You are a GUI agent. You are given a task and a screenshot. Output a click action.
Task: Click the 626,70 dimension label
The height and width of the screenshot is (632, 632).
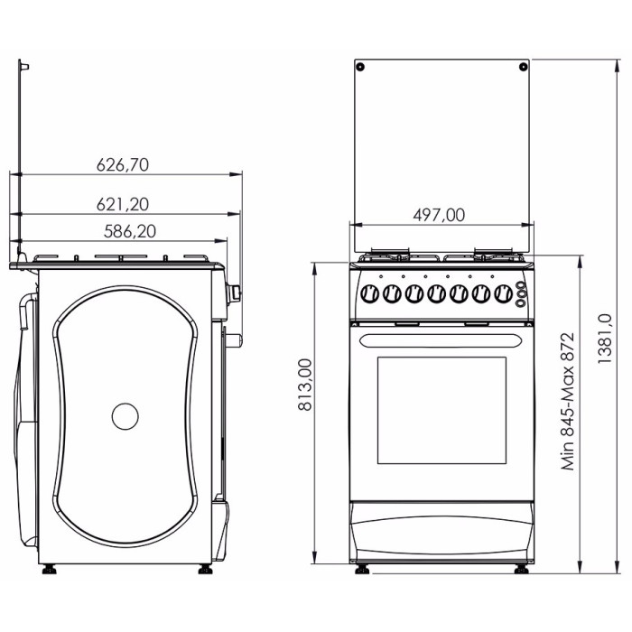tap(123, 165)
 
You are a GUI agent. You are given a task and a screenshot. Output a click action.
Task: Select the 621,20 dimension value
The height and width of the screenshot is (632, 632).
tap(123, 204)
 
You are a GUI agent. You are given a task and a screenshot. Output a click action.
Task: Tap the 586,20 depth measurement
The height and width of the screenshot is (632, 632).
tap(130, 231)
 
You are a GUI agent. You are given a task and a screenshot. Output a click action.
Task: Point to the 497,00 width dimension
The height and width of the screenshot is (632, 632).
tap(439, 215)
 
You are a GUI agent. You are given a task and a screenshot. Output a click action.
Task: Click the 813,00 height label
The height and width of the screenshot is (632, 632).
tap(305, 385)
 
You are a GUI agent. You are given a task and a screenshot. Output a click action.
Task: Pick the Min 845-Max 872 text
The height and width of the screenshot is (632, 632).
tap(568, 402)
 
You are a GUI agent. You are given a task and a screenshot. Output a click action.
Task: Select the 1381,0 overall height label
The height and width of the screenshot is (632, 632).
tap(605, 339)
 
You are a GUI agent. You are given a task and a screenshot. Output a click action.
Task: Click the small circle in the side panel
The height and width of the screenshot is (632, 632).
tap(125, 416)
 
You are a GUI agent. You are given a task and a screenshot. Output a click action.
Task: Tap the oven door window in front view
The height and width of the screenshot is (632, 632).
tap(441, 410)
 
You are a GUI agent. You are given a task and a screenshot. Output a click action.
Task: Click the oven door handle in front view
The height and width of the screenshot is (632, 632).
tap(441, 341)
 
